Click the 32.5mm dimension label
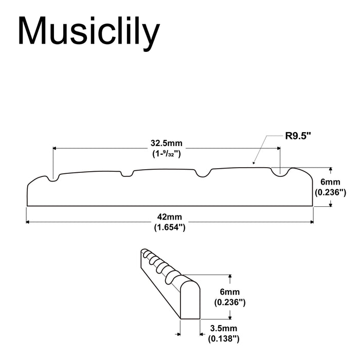click(166, 142)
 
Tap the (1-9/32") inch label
click(166, 153)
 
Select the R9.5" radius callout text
click(299, 136)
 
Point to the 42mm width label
click(169, 217)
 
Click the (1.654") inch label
click(169, 227)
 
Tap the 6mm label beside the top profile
click(329, 182)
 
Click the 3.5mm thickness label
click(223, 328)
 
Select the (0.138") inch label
click(223, 338)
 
